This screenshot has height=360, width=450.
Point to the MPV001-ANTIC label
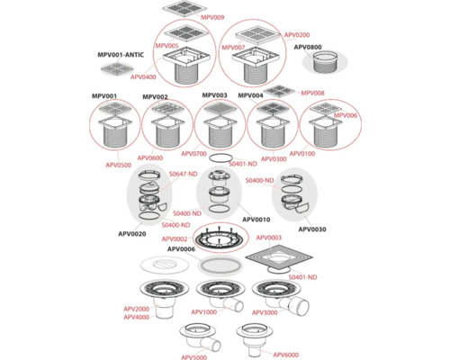(x=125, y=56)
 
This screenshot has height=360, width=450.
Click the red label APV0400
(x=144, y=77)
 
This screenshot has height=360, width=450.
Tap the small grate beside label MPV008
(x=281, y=90)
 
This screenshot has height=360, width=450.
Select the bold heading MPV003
(x=214, y=95)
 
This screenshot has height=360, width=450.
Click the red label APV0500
(x=118, y=166)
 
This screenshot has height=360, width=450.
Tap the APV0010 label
(x=257, y=219)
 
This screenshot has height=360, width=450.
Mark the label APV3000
(x=264, y=311)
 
